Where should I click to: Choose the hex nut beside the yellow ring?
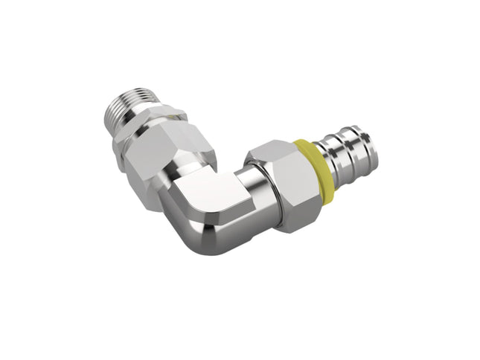[287, 182]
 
